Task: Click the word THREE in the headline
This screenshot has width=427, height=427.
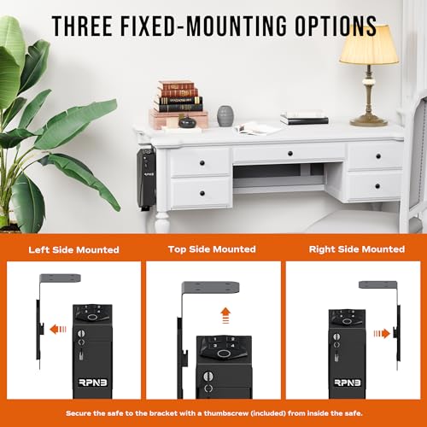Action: (83, 26)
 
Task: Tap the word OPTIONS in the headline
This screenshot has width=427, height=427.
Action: (336, 26)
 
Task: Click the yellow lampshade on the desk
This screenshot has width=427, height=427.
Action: (369, 44)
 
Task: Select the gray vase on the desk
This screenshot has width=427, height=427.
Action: (225, 116)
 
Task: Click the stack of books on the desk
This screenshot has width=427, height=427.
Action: (178, 97)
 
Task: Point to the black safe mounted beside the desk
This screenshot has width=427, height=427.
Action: (146, 179)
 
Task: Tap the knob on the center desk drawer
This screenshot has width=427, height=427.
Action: (290, 154)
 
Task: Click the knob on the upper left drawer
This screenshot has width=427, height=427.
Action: (202, 163)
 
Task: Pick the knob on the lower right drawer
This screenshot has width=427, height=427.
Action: (377, 186)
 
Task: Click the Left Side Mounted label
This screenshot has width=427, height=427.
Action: (73, 250)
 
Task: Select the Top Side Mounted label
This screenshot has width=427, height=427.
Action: (212, 249)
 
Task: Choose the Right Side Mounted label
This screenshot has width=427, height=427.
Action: (357, 249)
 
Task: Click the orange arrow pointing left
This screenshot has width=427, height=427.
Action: (58, 330)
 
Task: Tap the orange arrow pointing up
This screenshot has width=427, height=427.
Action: (225, 315)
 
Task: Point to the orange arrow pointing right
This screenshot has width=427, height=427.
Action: (382, 333)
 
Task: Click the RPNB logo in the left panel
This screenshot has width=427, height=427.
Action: (93, 383)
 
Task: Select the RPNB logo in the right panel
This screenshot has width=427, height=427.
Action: (348, 383)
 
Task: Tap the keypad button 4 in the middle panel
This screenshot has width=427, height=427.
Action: (232, 346)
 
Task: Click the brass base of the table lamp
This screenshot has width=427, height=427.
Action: (369, 121)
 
